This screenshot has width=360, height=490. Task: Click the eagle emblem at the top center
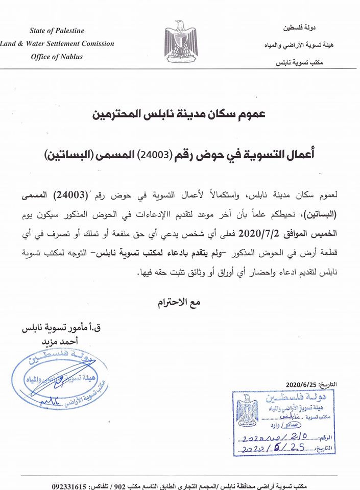click(x=180, y=38)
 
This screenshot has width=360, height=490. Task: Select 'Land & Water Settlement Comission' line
click(x=57, y=44)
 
